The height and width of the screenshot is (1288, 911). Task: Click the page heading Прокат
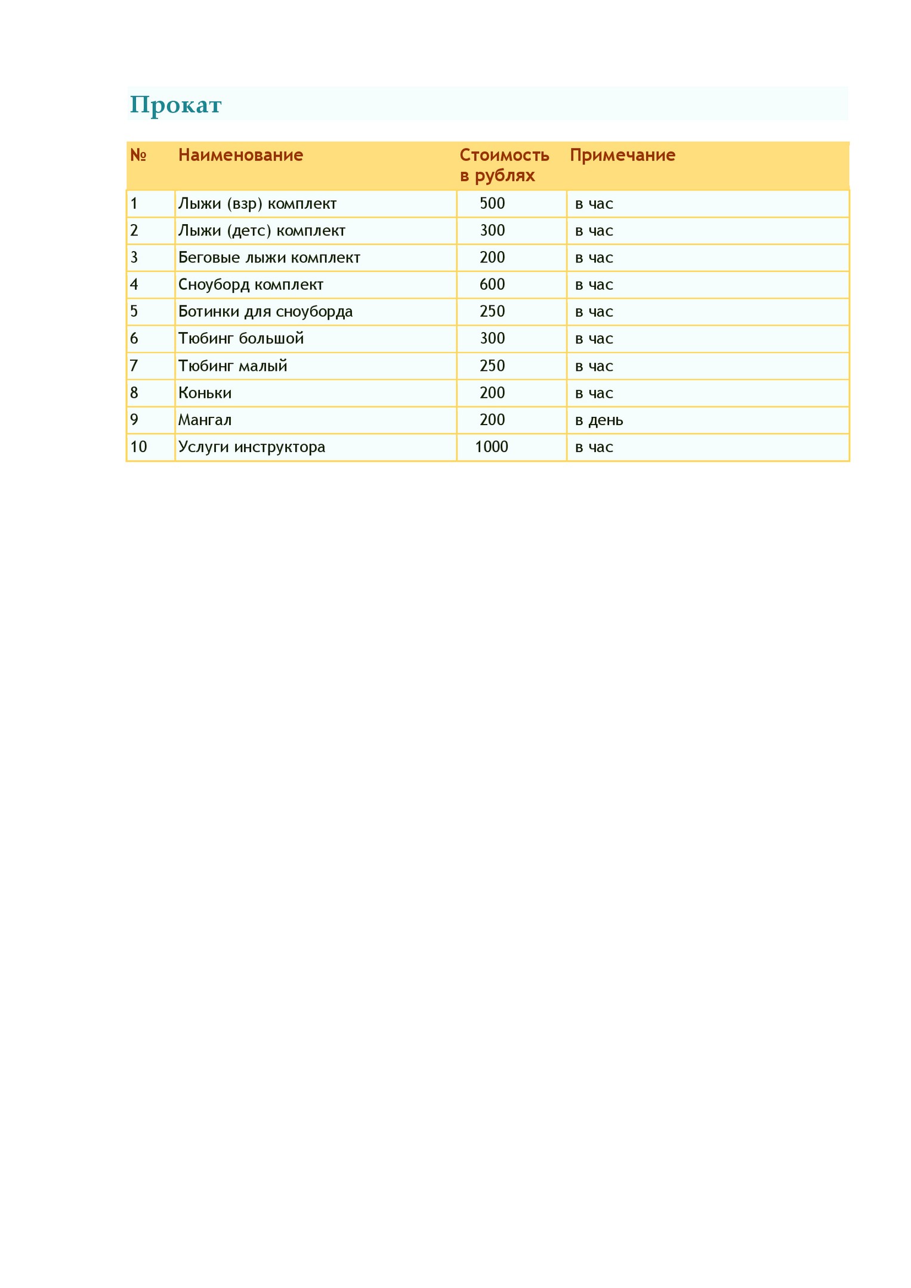click(x=175, y=105)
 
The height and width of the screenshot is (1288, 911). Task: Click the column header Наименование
click(x=240, y=156)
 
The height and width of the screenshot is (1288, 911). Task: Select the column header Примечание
click(x=622, y=156)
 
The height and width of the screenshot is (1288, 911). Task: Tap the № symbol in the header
click(x=138, y=156)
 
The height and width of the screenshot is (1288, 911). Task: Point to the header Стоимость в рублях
click(x=504, y=165)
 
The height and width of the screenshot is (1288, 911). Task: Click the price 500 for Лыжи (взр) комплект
click(x=492, y=204)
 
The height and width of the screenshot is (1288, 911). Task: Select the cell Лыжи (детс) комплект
click(x=261, y=231)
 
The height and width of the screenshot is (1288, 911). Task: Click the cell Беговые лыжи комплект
click(x=269, y=258)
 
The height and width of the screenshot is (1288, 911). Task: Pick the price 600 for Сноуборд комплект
click(x=492, y=284)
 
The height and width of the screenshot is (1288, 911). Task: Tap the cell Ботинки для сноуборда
click(x=265, y=312)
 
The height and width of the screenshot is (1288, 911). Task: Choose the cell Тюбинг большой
click(x=241, y=339)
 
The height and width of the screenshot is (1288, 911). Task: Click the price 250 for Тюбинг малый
click(x=492, y=366)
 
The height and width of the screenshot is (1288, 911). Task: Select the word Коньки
click(x=205, y=393)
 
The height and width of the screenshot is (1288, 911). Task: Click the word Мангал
click(x=205, y=420)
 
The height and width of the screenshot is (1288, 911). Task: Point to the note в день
click(x=599, y=420)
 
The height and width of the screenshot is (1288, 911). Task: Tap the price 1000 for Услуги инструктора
click(x=492, y=447)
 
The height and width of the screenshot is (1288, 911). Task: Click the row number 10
click(x=138, y=447)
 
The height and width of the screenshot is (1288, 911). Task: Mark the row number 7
click(x=134, y=366)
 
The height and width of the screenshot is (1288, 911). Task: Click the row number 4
click(x=134, y=284)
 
